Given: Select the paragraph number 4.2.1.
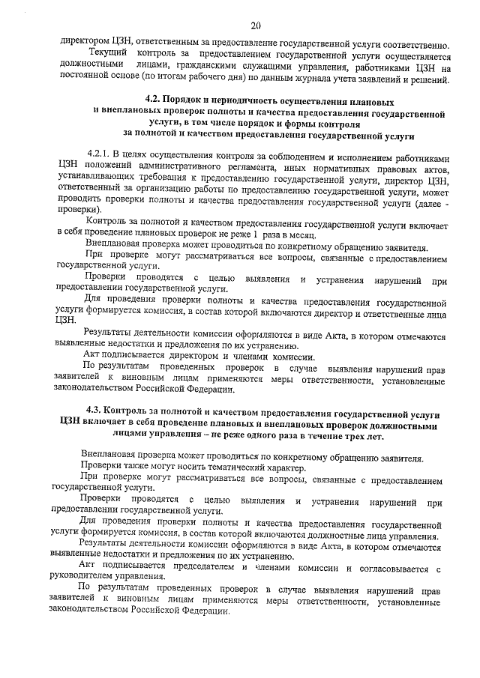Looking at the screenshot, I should click(x=101, y=158).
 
